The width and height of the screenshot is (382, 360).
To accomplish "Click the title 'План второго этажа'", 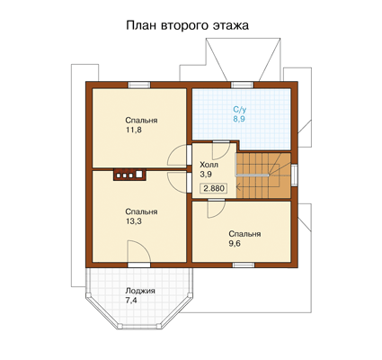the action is [187, 25].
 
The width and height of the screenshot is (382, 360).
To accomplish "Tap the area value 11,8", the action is [133, 130].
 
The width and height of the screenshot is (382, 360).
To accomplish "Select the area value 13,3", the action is [133, 221].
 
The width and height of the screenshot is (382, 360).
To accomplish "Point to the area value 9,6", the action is [235, 243].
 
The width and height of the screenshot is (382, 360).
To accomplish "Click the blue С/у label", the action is [239, 109].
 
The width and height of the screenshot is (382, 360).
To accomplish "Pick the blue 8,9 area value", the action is [239, 119].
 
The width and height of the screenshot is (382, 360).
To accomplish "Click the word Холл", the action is [209, 165].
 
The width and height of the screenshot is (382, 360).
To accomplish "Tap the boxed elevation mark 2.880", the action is [214, 188].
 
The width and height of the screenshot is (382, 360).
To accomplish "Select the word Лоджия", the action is [140, 291].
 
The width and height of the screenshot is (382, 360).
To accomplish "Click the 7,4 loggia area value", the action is [131, 301].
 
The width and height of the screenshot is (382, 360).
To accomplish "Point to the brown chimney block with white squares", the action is [129, 175].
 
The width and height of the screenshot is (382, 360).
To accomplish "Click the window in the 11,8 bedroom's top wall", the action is [139, 85].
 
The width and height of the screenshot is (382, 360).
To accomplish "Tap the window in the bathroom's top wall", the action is [242, 85].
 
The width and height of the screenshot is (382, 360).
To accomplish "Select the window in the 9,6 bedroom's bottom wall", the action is [244, 265].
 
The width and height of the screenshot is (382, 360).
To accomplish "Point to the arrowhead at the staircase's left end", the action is [238, 188].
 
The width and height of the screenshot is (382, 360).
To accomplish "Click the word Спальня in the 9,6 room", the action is [244, 234].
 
